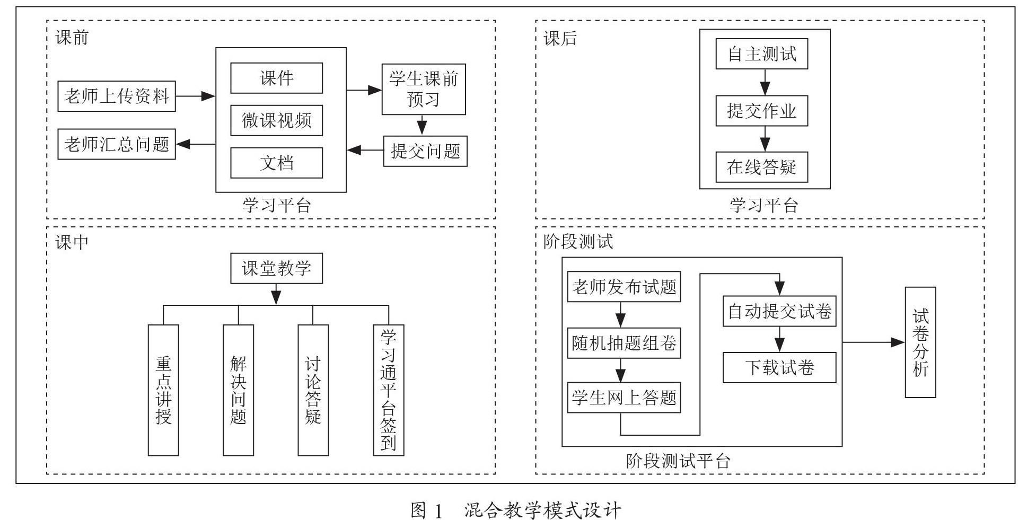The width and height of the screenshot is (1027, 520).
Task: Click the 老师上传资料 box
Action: click(x=117, y=96)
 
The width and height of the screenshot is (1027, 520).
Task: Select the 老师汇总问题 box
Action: click(x=117, y=144)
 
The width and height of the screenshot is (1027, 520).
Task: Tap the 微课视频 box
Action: click(x=276, y=120)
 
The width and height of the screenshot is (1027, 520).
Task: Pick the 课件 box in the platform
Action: click(x=276, y=78)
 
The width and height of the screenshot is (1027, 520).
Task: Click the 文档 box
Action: click(x=276, y=163)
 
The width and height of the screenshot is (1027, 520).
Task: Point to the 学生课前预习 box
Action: click(x=424, y=90)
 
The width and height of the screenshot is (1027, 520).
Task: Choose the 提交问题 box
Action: click(x=425, y=151)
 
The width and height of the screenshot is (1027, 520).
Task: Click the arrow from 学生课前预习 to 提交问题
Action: click(x=422, y=125)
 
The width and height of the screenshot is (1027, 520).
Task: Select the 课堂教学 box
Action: click(x=276, y=268)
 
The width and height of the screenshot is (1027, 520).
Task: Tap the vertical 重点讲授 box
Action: click(x=163, y=390)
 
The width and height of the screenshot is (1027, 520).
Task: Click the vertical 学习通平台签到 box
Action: click(x=389, y=390)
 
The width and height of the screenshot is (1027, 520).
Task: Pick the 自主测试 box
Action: click(x=762, y=54)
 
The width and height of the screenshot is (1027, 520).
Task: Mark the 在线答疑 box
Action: click(x=762, y=167)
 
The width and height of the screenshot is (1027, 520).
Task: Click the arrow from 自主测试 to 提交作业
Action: click(x=765, y=82)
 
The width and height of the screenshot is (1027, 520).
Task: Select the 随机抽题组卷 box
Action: click(x=624, y=343)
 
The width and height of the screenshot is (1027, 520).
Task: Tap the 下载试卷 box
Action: click(x=779, y=367)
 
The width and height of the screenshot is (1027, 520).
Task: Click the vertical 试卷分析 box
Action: click(x=920, y=342)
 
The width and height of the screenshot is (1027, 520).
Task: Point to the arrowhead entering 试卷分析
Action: click(x=899, y=342)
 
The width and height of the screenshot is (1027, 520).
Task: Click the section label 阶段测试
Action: click(x=578, y=242)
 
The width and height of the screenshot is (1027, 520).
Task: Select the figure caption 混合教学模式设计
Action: click(x=542, y=510)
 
